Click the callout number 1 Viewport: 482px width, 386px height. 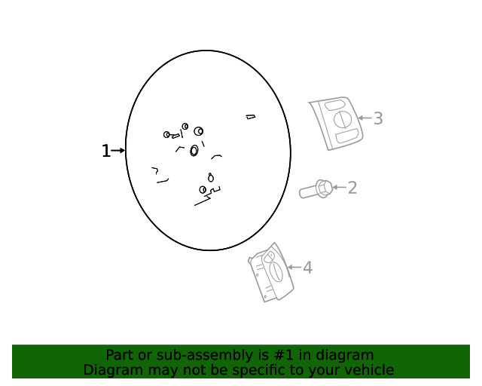click(105, 151)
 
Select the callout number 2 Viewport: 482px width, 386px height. click(352, 188)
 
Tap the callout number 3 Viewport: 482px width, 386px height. click(378, 118)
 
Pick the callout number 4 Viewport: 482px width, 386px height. click(308, 268)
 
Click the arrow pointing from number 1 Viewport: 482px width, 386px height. click(118, 151)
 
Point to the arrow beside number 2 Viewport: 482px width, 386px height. click(340, 187)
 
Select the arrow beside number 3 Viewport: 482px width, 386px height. click(365, 118)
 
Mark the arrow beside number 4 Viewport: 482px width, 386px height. click(294, 267)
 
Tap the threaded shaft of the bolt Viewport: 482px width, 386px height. click(308, 192)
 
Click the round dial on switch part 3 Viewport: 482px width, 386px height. click(341, 119)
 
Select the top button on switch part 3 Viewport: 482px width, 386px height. click(334, 106)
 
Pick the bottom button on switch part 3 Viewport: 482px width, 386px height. click(347, 136)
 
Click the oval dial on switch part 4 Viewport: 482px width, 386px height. click(276, 271)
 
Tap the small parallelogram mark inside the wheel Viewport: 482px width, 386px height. click(251, 117)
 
